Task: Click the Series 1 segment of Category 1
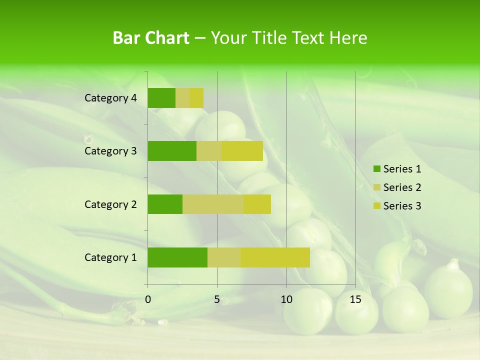pyautogui.click(x=177, y=257)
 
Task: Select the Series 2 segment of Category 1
pyautogui.click(x=224, y=257)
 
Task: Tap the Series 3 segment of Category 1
pyautogui.click(x=275, y=257)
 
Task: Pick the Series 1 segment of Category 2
pyautogui.click(x=165, y=204)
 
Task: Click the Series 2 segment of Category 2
pyautogui.click(x=213, y=204)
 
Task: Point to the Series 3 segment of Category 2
pyautogui.click(x=257, y=204)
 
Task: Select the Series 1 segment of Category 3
pyautogui.click(x=172, y=151)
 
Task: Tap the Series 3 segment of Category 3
pyautogui.click(x=242, y=151)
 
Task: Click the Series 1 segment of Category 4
pyautogui.click(x=161, y=98)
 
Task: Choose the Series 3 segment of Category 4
pyautogui.click(x=196, y=98)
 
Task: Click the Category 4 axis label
pyautogui.click(x=110, y=98)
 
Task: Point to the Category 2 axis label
pyautogui.click(x=110, y=204)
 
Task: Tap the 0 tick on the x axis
pyautogui.click(x=148, y=299)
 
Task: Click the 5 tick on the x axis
pyautogui.click(x=217, y=299)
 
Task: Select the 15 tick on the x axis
pyautogui.click(x=355, y=299)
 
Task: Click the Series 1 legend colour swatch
pyautogui.click(x=376, y=169)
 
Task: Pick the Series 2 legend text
pyautogui.click(x=402, y=187)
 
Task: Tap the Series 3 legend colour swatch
pyautogui.click(x=376, y=206)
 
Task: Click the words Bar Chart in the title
pyautogui.click(x=151, y=38)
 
